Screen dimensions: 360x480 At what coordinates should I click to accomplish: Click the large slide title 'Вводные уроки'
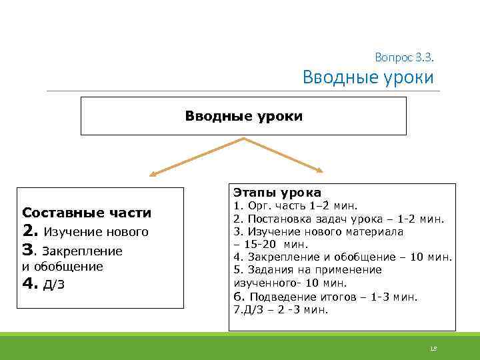coord(367,77)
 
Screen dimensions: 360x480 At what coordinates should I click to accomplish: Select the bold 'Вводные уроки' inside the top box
coord(243,116)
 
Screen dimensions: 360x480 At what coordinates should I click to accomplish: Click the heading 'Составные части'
coord(87,213)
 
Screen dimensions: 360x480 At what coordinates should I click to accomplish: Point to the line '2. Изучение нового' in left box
coord(85,232)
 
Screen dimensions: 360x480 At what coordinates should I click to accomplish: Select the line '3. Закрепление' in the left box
coord(73,251)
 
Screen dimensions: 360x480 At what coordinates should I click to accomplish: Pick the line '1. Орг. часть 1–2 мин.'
coord(295,206)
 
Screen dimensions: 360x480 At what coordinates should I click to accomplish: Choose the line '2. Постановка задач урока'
coord(339,219)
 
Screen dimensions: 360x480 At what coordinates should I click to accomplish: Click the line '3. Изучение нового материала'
coord(319,231)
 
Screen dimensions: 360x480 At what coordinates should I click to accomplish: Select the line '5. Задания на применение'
coord(307,269)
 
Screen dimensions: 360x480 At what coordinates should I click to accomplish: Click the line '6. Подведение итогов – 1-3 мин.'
coord(325,297)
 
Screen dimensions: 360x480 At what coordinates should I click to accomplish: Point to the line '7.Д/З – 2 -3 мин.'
coord(281,310)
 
